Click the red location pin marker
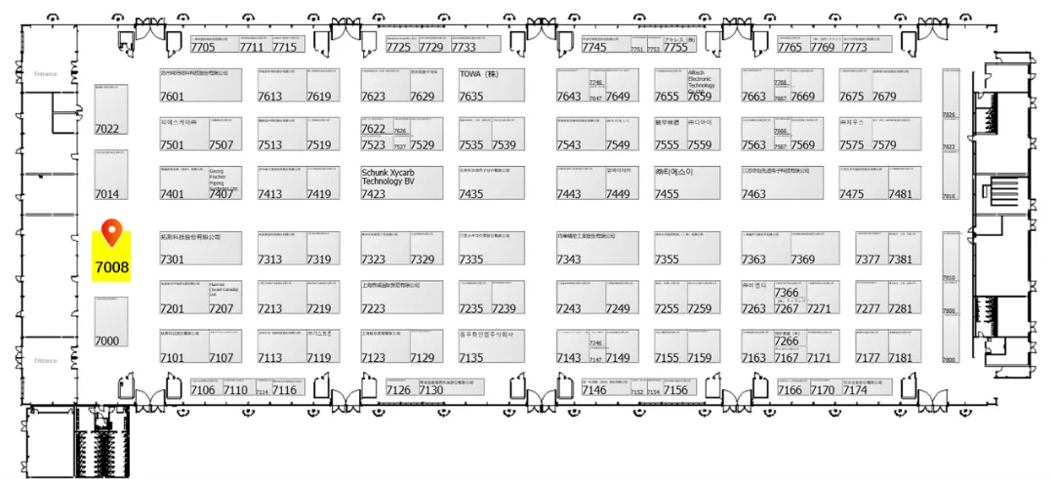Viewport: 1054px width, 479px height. pyautogui.click(x=111, y=232)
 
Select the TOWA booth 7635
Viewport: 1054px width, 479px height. pyautogui.click(x=471, y=97)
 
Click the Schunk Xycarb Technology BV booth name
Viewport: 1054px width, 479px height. pyautogui.click(x=388, y=176)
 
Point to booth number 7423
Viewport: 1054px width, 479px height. pyautogui.click(x=373, y=194)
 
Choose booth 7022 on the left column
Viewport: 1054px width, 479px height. pyautogui.click(x=106, y=129)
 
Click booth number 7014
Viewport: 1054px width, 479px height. pyautogui.click(x=106, y=194)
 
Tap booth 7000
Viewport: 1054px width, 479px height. pyautogui.click(x=106, y=340)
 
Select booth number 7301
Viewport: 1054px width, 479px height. pyautogui.click(x=172, y=259)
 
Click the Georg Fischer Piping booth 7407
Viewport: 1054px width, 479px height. pyautogui.click(x=222, y=194)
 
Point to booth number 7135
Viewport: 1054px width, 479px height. pyautogui.click(x=471, y=358)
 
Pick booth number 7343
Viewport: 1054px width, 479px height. pyautogui.click(x=569, y=259)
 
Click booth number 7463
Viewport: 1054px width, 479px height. pyautogui.click(x=753, y=194)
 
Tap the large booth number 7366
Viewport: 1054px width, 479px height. pyautogui.click(x=787, y=293)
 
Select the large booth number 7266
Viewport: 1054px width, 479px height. pyautogui.click(x=787, y=341)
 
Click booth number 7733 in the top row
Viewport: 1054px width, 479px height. pyautogui.click(x=464, y=47)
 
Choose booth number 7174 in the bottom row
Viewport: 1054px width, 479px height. pyautogui.click(x=855, y=390)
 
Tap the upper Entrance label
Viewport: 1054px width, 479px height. pyautogui.click(x=46, y=74)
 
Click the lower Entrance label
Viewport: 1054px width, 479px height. pyautogui.click(x=46, y=361)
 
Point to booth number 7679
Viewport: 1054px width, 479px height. pyautogui.click(x=884, y=97)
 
